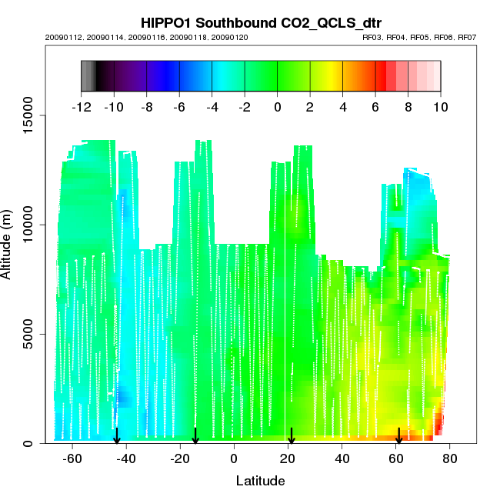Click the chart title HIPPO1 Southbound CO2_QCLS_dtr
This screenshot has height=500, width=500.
[261, 22]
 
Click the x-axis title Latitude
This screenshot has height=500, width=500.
[260, 481]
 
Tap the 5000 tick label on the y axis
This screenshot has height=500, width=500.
[25, 334]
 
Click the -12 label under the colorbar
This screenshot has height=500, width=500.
[81, 106]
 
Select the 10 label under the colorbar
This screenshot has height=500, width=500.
[441, 106]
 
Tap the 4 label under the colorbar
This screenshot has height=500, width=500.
[342, 106]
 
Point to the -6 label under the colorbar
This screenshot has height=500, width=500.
[179, 106]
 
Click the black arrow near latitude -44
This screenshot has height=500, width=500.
[117, 436]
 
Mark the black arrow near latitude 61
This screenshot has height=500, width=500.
[398, 436]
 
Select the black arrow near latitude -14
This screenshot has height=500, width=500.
[195, 436]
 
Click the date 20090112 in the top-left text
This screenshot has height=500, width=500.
[59, 37]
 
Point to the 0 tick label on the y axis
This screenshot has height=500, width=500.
[27, 443]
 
